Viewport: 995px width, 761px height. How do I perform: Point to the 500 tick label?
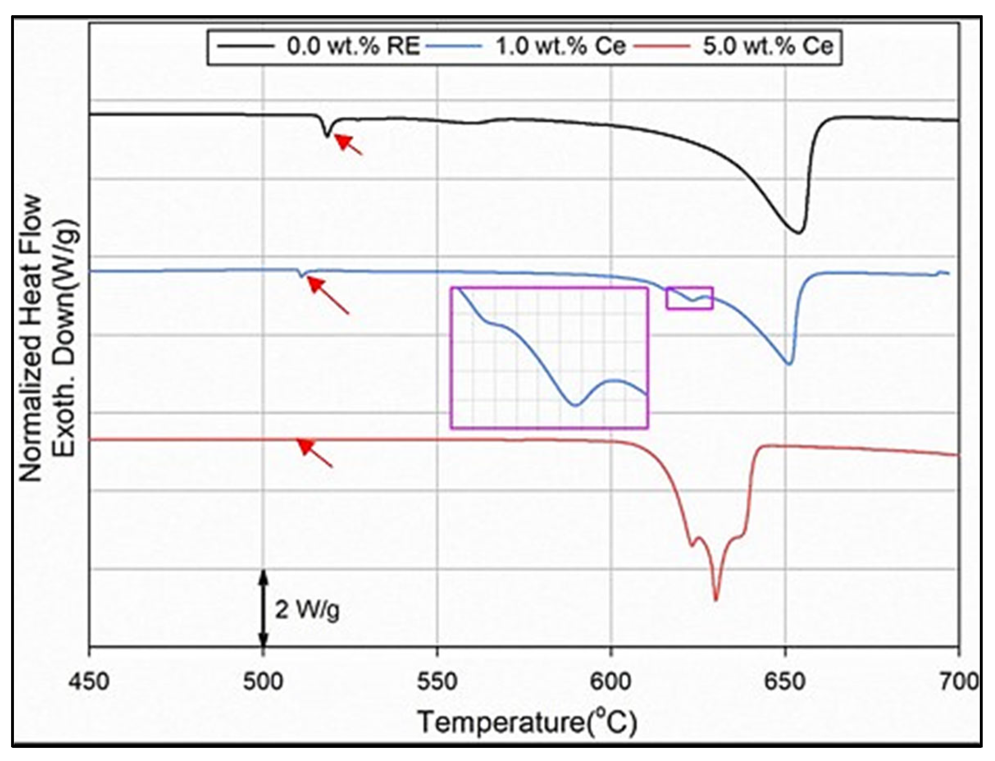click(x=263, y=682)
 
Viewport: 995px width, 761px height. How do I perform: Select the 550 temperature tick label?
click(x=437, y=682)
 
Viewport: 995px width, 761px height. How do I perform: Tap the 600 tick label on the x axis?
click(x=611, y=682)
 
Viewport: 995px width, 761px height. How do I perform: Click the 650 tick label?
click(x=786, y=682)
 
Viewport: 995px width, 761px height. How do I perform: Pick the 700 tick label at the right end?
click(x=959, y=682)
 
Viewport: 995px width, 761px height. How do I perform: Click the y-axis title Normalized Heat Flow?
click(x=32, y=338)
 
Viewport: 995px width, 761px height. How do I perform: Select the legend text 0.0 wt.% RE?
click(x=353, y=46)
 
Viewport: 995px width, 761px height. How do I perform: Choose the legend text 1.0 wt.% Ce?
click(x=561, y=46)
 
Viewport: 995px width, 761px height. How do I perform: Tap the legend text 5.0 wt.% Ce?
click(x=768, y=46)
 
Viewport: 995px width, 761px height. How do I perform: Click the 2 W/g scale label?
click(x=307, y=610)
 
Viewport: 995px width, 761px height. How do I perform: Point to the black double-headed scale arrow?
click(x=264, y=609)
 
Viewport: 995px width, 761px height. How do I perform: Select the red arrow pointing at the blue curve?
click(x=328, y=295)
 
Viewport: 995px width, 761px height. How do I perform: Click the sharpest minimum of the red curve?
click(x=716, y=600)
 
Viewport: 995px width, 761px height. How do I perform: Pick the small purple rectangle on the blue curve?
click(x=689, y=298)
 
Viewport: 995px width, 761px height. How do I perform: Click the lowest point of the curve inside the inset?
click(x=574, y=405)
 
